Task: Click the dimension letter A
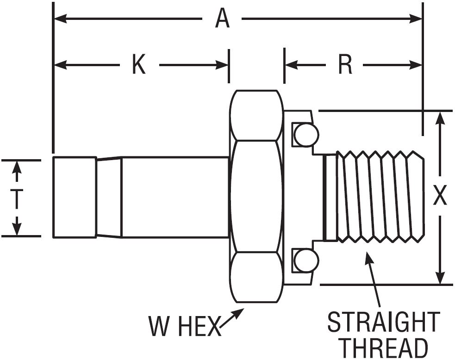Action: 223,19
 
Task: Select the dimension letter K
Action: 139,65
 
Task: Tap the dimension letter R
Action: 345,65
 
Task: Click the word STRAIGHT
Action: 383,323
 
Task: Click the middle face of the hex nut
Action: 256,197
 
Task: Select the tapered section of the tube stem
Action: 109,198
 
